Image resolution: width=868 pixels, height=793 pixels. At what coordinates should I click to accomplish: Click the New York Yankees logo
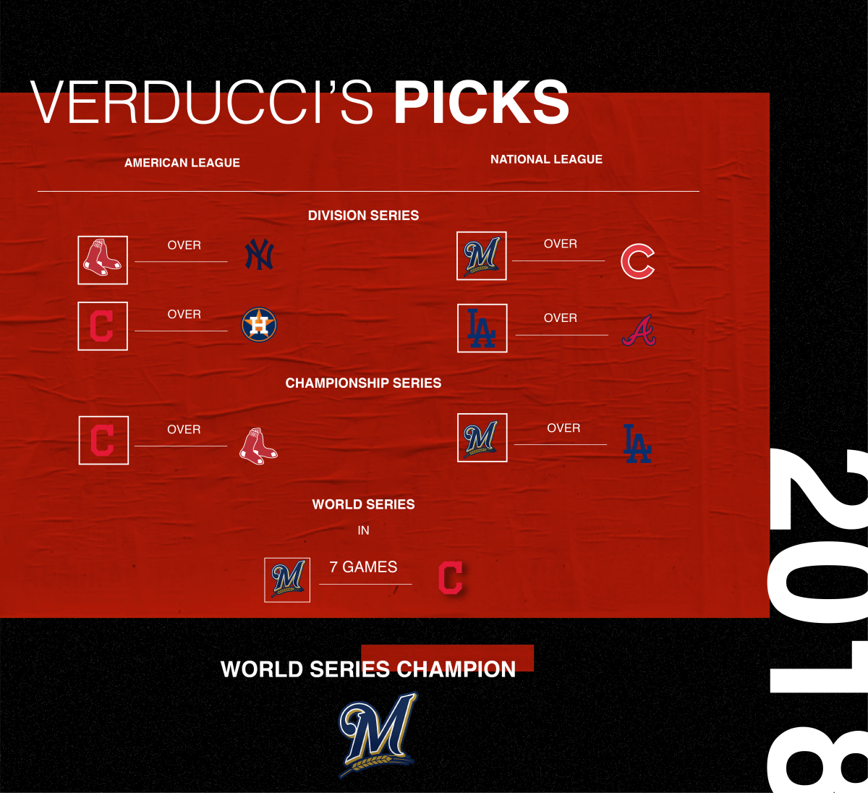[x=259, y=254]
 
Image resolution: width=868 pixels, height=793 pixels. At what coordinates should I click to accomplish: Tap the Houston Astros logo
[x=259, y=325]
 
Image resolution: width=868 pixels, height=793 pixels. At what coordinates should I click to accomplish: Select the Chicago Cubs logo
[x=637, y=261]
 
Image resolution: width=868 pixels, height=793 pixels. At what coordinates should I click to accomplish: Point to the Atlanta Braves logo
[x=639, y=330]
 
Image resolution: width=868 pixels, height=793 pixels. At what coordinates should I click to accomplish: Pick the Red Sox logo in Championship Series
[x=258, y=446]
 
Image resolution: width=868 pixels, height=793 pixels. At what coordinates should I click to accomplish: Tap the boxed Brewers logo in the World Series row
[x=287, y=579]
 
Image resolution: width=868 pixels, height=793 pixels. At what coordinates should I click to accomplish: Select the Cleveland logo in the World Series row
[x=451, y=577]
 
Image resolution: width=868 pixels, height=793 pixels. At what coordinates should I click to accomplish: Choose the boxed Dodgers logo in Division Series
[x=482, y=328]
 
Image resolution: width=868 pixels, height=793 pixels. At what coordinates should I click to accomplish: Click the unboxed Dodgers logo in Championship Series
[x=637, y=444]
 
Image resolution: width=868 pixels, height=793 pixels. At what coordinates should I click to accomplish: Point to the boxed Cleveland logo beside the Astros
[x=102, y=326]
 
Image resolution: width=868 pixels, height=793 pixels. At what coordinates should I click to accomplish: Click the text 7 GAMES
[x=363, y=567]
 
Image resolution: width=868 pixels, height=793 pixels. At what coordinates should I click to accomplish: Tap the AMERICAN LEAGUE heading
[x=182, y=163]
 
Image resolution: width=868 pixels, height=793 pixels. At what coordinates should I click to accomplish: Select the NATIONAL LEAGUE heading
[x=546, y=159]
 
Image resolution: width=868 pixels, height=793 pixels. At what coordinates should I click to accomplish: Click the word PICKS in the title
[x=481, y=103]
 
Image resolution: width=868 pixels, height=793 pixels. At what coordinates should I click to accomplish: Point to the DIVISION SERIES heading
[x=363, y=215]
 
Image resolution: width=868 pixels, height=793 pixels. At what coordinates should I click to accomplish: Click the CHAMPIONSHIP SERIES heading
[x=363, y=383]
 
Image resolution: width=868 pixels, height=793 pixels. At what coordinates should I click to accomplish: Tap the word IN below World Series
[x=363, y=530]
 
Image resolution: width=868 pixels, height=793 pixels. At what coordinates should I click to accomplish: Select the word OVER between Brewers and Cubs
[x=561, y=244]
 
